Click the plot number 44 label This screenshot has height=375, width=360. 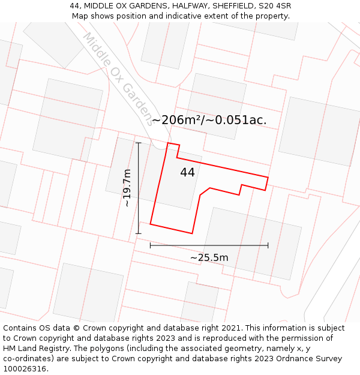[187, 172]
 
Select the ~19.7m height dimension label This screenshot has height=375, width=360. [127, 188]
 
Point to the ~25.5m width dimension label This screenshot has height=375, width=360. [209, 258]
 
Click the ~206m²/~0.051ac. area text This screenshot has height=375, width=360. [209, 120]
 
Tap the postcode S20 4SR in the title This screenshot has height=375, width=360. [274, 6]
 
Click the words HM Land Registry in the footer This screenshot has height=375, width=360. [37, 349]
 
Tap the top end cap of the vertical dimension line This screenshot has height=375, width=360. [139, 143]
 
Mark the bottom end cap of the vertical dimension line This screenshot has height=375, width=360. [139, 233]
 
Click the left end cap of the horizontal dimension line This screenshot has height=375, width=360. [150, 245]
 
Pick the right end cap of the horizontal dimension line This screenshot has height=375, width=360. [268, 245]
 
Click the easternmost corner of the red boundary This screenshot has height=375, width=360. [268, 177]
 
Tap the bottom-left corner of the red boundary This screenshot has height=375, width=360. [150, 224]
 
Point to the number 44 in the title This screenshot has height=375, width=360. [75, 6]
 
